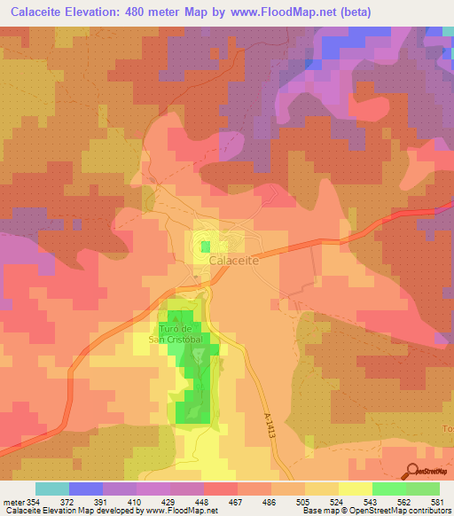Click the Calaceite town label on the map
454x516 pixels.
[x=234, y=262]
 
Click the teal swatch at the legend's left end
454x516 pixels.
[x=52, y=489]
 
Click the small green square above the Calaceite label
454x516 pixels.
[x=206, y=246]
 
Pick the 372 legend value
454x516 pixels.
[x=76, y=501]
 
